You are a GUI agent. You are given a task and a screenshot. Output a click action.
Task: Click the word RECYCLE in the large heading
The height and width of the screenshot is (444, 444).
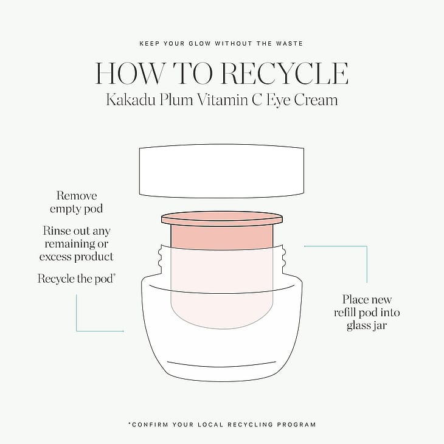coord(284,73)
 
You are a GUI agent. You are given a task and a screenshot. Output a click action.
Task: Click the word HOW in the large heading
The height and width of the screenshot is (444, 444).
coord(130,73)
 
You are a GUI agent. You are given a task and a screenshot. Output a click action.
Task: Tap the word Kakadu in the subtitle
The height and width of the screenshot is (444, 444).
coord(131,100)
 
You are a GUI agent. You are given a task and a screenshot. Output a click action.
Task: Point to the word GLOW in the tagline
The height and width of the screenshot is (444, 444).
coord(199,44)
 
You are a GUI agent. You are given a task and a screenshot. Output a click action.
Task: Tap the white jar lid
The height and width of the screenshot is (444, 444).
coord(221,171)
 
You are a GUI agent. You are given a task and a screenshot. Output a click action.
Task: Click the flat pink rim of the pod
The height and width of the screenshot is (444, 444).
coord(222,218)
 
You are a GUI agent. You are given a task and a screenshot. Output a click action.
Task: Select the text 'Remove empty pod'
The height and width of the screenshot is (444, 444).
coord(77,202)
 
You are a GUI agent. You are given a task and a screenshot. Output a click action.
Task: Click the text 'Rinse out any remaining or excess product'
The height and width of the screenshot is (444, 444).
coord(77,243)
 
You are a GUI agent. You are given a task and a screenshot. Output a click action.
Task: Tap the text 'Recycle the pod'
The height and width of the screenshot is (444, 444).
coord(75,279)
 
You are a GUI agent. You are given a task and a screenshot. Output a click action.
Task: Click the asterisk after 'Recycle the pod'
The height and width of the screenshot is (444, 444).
coord(114,275)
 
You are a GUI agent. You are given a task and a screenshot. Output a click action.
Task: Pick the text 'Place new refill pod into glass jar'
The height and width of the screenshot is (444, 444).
coord(367,313)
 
